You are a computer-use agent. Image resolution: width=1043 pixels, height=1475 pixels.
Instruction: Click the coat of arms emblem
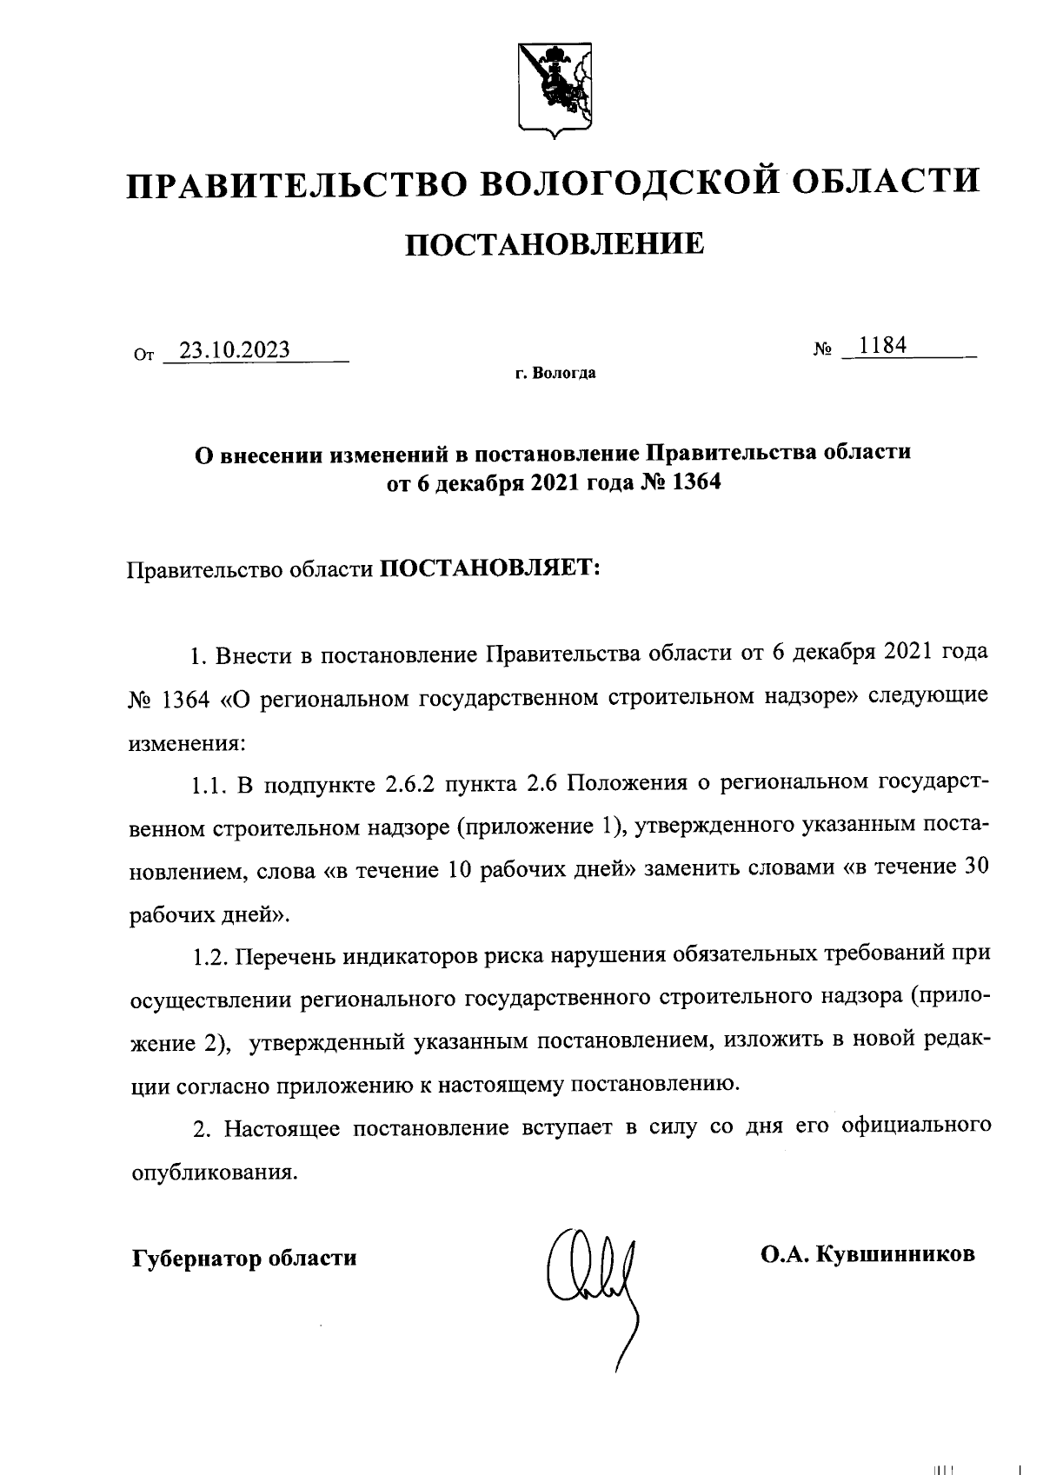554,90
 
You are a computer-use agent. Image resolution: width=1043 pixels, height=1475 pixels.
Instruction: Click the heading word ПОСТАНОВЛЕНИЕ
554,244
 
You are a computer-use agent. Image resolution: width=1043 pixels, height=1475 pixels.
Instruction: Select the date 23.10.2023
234,349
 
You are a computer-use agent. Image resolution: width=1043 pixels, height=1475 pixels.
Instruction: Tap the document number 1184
882,346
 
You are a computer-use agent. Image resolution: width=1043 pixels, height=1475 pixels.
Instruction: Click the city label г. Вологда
555,374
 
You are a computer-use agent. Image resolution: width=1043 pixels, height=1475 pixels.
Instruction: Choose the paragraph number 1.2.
209,956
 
